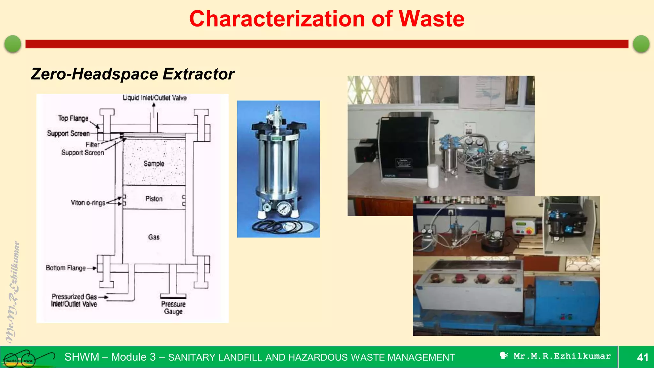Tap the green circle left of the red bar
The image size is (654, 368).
click(x=13, y=44)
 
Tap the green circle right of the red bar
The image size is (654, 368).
click(x=641, y=44)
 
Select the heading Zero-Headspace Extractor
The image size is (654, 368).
click(x=133, y=74)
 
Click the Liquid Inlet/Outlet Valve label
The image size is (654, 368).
click(x=155, y=98)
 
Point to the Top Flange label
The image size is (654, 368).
click(x=73, y=118)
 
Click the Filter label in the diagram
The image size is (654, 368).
click(x=92, y=144)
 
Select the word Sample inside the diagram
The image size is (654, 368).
click(x=154, y=164)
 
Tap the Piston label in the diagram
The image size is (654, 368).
click(x=154, y=199)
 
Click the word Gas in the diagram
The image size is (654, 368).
click(x=154, y=237)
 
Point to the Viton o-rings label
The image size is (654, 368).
click(x=88, y=203)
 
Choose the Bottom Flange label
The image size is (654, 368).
click(x=65, y=268)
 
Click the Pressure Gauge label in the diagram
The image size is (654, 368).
click(x=173, y=308)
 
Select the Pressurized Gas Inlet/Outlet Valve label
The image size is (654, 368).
click(x=74, y=300)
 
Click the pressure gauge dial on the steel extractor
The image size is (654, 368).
click(x=283, y=209)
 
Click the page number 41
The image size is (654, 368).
click(x=642, y=357)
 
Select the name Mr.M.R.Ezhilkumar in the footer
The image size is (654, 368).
click(x=562, y=356)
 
